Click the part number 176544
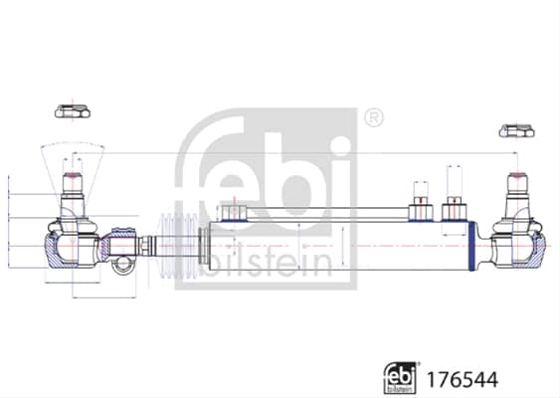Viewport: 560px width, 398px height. click(463, 379)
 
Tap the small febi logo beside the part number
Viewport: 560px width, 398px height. click(400, 378)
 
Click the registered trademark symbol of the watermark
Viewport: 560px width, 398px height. click(374, 117)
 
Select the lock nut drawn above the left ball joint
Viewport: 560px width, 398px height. click(73, 110)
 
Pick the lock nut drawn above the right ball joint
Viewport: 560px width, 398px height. click(517, 130)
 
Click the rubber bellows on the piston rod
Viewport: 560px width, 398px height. click(178, 246)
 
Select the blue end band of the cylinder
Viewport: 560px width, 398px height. click(471, 246)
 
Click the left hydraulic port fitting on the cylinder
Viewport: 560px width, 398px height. click(233, 213)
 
